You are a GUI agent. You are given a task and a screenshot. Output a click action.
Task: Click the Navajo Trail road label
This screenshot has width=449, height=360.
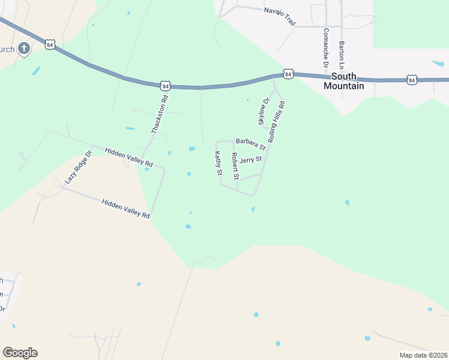pyautogui.click(x=280, y=16)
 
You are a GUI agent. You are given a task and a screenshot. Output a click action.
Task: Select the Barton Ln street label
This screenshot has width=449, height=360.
pyautogui.click(x=342, y=53)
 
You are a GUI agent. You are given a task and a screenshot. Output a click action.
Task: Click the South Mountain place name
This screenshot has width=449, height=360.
pyautogui.click(x=344, y=81)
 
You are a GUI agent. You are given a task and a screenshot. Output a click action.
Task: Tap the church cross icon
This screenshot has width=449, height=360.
pyautogui.click(x=24, y=49)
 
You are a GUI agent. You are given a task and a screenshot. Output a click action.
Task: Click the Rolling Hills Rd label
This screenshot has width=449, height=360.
pyautogui.click(x=276, y=121)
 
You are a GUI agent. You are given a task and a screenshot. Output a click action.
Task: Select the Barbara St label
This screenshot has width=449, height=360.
pyautogui.click(x=250, y=144)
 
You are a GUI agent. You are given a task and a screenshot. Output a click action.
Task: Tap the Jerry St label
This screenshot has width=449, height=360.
pyautogui.click(x=250, y=160)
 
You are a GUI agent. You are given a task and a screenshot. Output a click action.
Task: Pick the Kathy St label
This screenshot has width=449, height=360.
pyautogui.click(x=218, y=163)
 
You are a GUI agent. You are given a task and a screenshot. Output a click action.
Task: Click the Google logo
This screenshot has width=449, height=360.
pyautogui.click(x=20, y=353)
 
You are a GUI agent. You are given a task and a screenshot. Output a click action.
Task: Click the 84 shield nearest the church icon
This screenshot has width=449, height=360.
pyautogui.click(x=50, y=44)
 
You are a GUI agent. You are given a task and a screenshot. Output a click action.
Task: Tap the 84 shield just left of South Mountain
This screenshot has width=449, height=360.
pyautogui.click(x=289, y=74)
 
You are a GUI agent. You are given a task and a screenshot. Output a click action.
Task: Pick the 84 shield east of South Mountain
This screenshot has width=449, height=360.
pyautogui.click(x=411, y=79)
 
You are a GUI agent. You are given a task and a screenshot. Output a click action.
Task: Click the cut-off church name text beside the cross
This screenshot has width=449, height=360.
pyautogui.click(x=7, y=49)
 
